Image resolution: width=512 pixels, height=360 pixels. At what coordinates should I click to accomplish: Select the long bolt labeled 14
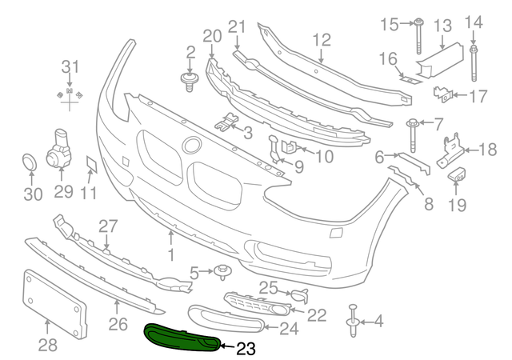coord(474,62)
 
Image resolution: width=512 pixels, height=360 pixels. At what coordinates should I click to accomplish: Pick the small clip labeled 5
coord(222,273)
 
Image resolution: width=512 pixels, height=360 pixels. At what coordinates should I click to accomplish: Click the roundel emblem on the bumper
coord(191,146)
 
